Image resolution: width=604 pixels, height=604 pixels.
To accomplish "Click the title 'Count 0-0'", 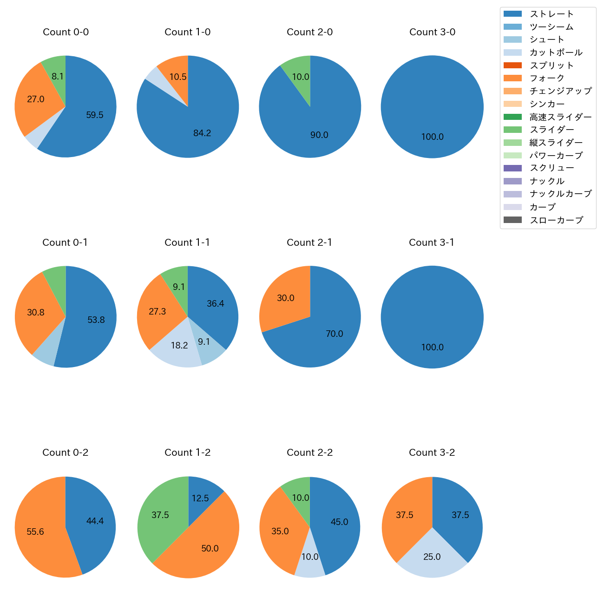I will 66,32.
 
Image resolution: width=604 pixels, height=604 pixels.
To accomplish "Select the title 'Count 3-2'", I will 432,453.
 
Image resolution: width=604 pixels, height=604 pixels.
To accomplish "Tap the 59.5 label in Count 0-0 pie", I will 95,115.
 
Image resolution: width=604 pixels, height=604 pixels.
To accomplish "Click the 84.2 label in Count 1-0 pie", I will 202,133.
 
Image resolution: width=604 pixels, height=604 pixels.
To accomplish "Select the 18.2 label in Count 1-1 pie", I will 179,346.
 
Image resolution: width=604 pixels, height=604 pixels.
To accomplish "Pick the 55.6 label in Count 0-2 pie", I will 35,532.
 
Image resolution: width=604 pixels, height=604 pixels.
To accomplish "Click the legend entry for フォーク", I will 547,78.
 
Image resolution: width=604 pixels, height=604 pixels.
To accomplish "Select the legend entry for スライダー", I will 551,130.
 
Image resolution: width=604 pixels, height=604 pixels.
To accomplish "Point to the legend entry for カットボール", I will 556,53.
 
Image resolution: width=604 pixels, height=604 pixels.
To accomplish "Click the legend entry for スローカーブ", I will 556,220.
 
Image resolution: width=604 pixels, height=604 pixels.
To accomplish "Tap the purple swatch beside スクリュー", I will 512,168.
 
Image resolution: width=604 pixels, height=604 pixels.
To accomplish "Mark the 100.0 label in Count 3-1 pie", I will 433,348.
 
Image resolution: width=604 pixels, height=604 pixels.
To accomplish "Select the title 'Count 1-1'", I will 187,243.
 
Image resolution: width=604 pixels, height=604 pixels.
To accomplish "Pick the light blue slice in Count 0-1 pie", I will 44,355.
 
